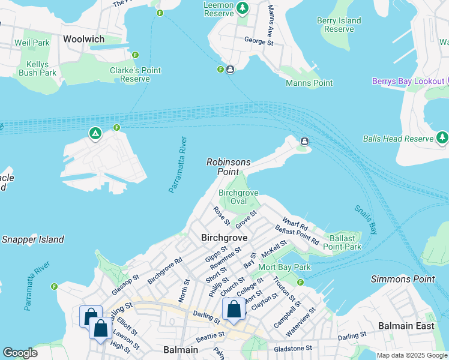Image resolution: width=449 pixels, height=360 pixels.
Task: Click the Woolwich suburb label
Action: [x=83, y=39]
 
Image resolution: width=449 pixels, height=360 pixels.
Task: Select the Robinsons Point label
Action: [x=228, y=167]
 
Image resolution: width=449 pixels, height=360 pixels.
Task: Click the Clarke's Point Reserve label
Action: [x=135, y=74]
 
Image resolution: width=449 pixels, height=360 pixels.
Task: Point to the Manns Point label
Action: [x=309, y=83]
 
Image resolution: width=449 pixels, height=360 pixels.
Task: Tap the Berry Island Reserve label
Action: [x=339, y=25]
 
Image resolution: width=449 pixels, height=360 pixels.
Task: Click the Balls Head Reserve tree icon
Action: [x=442, y=138]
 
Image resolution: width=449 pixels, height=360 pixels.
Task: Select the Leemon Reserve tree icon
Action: [x=242, y=8]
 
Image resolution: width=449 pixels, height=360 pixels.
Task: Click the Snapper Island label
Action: [x=32, y=239]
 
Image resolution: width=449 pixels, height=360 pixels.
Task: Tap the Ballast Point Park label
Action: [x=342, y=242]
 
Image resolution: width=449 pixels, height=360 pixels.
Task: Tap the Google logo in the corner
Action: [x=20, y=353]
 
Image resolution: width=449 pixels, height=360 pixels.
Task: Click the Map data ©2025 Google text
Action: [x=412, y=355]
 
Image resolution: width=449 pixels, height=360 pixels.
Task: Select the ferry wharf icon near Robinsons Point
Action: [x=304, y=142]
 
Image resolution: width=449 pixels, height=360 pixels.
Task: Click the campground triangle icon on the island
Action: [x=95, y=133]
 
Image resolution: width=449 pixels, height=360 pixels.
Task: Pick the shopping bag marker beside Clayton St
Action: [x=234, y=310]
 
